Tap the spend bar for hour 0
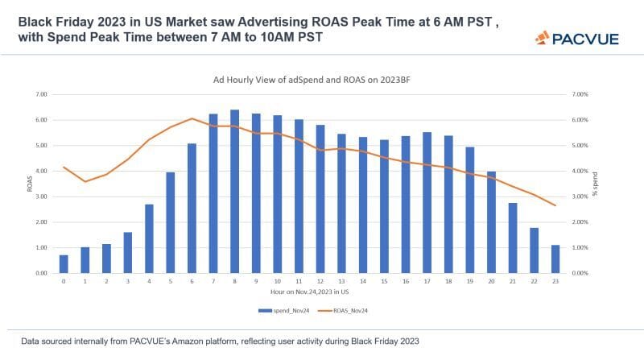64,264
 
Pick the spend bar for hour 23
555,259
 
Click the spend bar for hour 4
149,238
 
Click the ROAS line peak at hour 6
192,119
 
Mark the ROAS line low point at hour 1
85,181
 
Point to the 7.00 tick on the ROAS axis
42,94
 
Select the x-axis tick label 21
512,281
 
